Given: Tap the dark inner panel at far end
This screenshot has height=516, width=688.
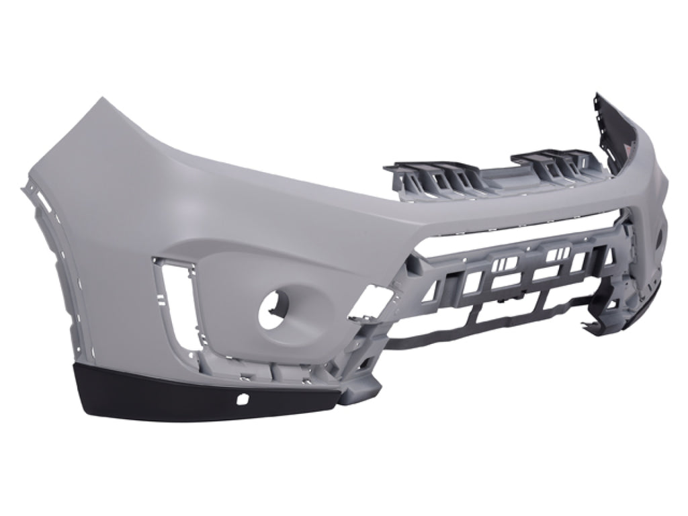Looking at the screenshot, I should (621, 131).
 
